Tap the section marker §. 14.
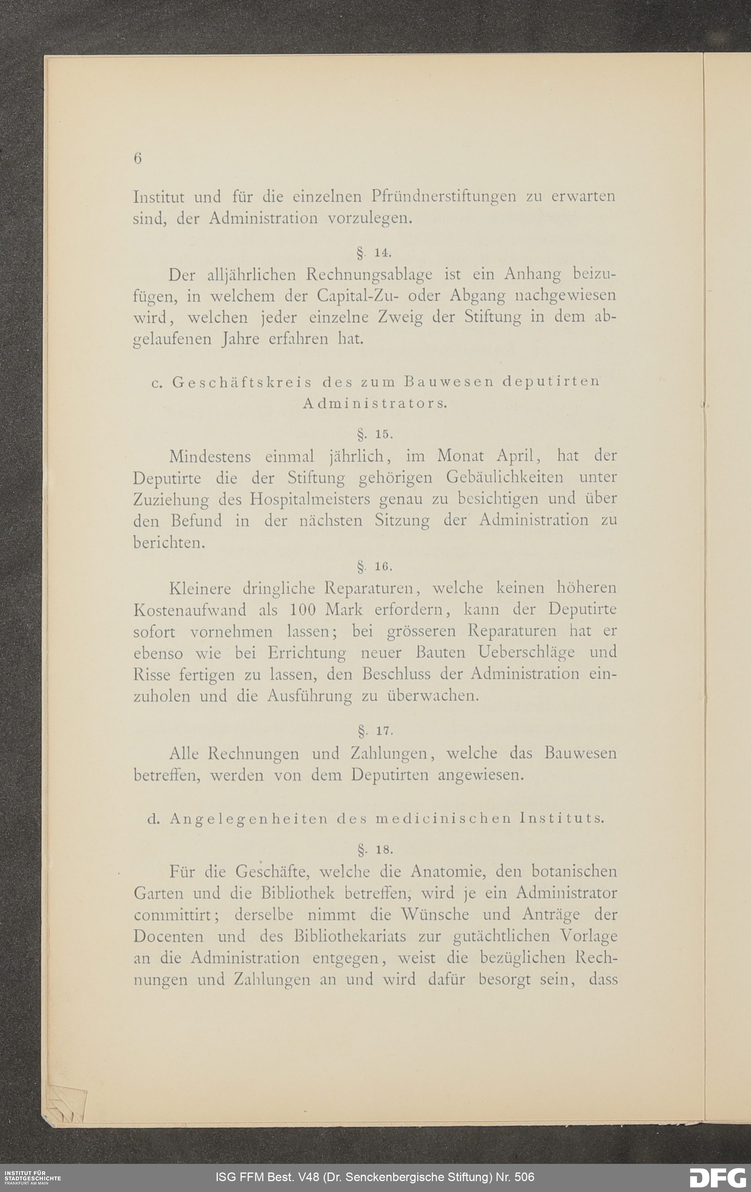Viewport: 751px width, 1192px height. click(374, 253)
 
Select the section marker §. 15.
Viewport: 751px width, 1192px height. click(374, 434)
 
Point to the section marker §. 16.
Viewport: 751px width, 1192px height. click(374, 566)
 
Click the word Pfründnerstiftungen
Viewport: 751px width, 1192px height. click(443, 197)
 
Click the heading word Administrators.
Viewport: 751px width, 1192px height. click(375, 403)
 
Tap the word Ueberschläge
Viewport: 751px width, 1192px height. click(526, 652)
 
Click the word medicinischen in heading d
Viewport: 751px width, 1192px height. click(443, 819)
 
